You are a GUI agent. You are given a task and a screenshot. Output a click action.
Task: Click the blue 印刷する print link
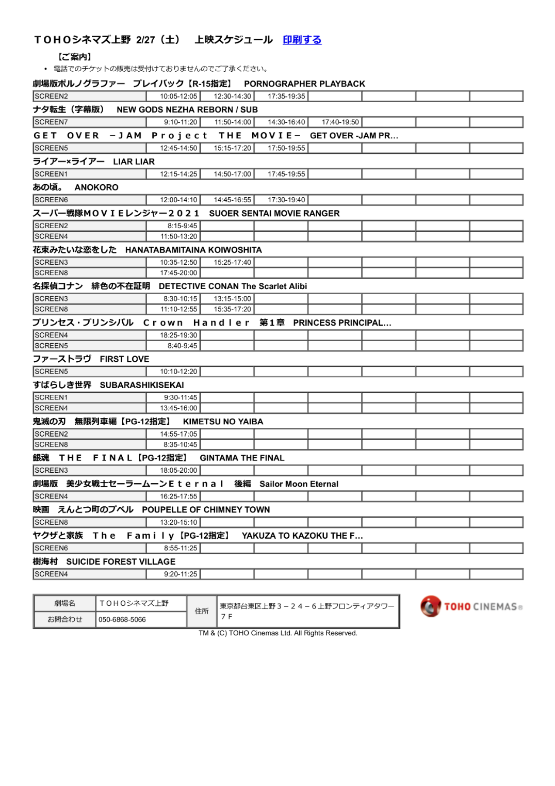302,40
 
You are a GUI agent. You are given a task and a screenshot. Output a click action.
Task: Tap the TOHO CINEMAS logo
471,606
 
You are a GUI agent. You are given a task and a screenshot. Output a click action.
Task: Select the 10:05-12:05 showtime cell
178,97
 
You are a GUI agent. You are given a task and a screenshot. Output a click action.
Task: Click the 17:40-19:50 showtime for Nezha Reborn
340,122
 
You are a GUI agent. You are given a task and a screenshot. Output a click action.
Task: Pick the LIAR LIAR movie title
134,162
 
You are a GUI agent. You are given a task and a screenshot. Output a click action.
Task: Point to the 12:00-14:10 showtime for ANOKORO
178,200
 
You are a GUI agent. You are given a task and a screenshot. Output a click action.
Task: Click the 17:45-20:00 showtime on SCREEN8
178,273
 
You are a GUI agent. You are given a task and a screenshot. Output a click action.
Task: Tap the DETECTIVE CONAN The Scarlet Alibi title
233,286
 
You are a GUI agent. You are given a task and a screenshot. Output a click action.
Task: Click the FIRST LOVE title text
124,359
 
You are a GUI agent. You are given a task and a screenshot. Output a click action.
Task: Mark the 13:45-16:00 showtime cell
178,408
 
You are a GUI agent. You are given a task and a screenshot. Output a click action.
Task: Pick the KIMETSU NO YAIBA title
223,422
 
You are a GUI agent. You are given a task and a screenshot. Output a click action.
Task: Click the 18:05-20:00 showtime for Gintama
178,471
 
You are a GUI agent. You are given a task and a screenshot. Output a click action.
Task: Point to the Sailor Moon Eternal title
299,484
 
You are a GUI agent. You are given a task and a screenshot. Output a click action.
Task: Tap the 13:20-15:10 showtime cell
178,522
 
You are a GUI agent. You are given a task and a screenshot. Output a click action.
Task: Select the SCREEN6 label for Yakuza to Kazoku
51,548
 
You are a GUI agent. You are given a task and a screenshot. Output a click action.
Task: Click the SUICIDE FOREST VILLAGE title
121,562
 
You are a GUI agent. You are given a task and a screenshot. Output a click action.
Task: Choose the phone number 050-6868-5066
122,619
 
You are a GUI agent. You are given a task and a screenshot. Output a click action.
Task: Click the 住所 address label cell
202,611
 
